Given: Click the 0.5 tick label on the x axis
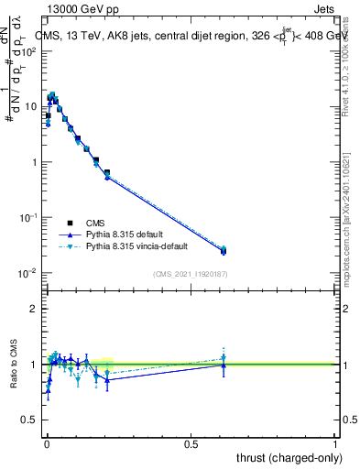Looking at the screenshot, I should pyautogui.click(x=191, y=444).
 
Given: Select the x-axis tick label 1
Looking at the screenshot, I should pyautogui.click(x=336, y=444).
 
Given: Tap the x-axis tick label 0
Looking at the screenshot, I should pyautogui.click(x=48, y=444).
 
